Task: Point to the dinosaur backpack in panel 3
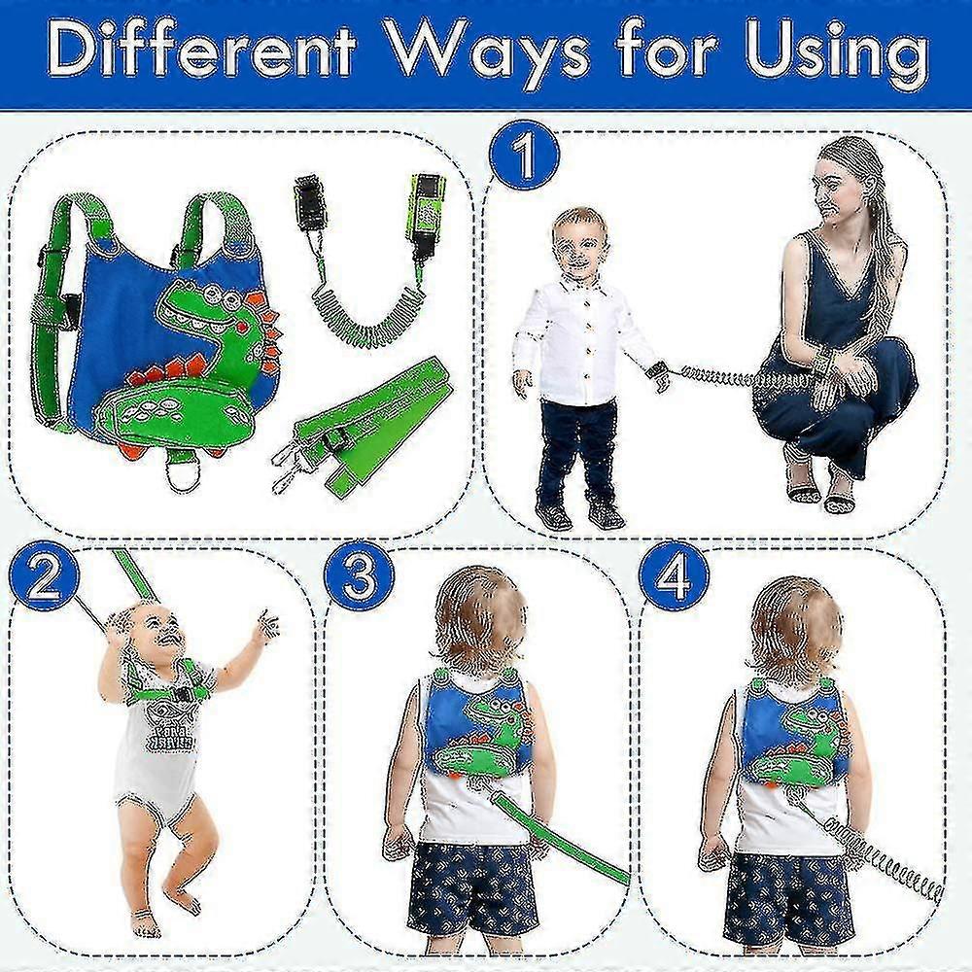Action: pos(476,729)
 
